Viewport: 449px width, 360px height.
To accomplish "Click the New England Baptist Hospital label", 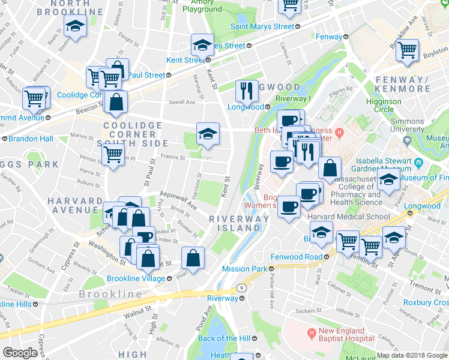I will [x=340, y=335].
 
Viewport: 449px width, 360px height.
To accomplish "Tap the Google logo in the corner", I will [x=19, y=353].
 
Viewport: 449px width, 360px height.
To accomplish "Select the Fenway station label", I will [x=328, y=37].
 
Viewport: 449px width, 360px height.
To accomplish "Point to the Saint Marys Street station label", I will [x=263, y=26].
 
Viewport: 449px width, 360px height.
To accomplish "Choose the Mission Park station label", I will [x=244, y=269].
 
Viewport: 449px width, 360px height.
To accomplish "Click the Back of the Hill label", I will [x=224, y=338].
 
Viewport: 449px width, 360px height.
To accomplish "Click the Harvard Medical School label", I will [x=341, y=216].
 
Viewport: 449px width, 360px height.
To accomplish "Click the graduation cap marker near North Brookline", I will [x=75, y=26].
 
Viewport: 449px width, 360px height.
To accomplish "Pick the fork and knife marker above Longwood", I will [x=247, y=91].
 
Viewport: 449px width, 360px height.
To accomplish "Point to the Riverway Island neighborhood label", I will [x=239, y=223].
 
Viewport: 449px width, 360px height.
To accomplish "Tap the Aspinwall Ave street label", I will [x=178, y=201].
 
